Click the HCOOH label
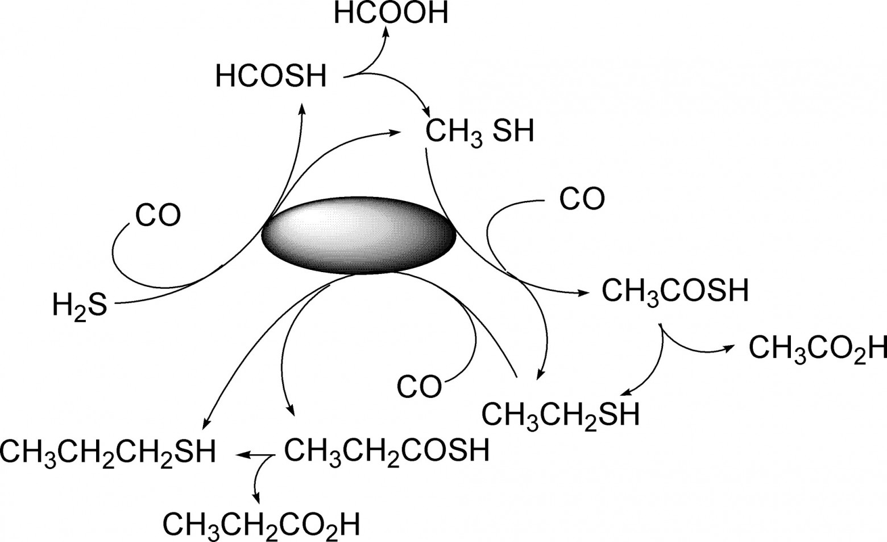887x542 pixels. (391, 13)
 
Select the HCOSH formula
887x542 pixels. (271, 76)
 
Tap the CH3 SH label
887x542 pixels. (479, 133)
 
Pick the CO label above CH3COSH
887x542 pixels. (582, 199)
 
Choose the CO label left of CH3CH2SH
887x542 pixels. (419, 387)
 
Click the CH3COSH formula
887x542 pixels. (675, 292)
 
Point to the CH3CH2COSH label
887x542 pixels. (387, 452)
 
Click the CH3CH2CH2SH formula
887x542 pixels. (107, 452)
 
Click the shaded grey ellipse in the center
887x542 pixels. (359, 235)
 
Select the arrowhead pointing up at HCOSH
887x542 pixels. (302, 109)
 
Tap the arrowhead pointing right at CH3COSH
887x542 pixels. (582, 293)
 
